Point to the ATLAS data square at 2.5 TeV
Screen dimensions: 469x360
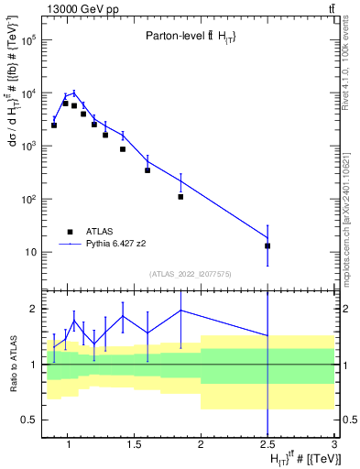267,245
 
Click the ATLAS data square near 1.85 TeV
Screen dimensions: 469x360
180,197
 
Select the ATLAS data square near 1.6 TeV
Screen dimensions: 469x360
147,170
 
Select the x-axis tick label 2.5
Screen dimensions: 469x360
267,445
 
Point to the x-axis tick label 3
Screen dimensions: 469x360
334,445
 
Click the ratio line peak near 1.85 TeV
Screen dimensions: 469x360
180,311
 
